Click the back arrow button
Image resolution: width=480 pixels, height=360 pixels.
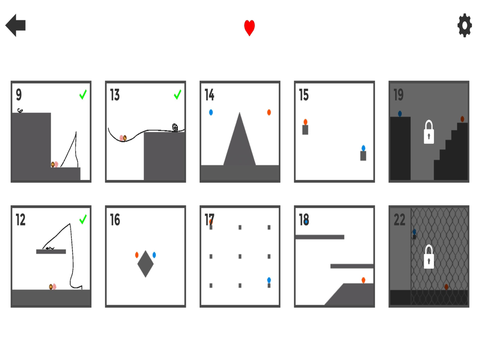tap(15, 25)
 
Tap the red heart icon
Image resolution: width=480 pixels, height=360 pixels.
tap(249, 28)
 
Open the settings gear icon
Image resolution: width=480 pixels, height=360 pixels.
tap(464, 25)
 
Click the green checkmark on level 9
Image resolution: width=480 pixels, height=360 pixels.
tap(83, 95)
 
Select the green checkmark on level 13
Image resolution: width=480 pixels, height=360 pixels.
tap(178, 95)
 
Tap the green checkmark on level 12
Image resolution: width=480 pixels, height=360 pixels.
tap(83, 219)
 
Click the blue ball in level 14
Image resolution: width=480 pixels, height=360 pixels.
tap(211, 112)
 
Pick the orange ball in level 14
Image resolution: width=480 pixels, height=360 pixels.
tap(269, 112)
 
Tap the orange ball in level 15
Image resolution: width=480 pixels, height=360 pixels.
tap(305, 122)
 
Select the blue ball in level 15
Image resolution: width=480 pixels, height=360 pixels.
tap(363, 148)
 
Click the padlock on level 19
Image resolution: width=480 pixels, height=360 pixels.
tap(429, 132)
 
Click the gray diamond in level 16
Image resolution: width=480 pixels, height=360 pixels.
tap(145, 264)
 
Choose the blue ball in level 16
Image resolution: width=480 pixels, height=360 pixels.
tap(154, 255)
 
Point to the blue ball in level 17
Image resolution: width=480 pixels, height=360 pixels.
tap(269, 280)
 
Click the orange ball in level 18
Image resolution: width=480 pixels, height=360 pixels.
tap(363, 280)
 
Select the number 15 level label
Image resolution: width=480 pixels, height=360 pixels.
tap(304, 95)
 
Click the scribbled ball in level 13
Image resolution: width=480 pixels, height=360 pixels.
tap(175, 127)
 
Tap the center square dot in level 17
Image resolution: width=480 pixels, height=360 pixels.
tap(240, 256)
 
